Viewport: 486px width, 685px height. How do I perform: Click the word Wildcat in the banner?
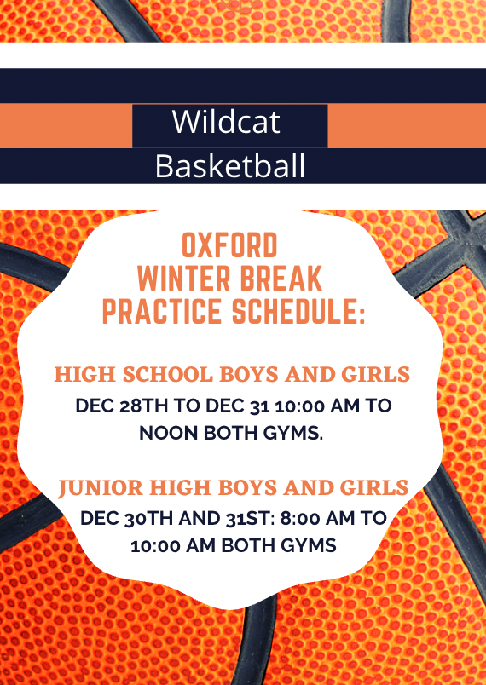point(226,122)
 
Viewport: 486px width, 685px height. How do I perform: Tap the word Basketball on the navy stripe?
point(230,166)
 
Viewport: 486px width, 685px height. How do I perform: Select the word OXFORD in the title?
point(229,245)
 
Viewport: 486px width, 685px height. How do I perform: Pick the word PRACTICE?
point(162,312)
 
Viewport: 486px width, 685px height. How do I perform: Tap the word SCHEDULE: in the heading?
point(298,312)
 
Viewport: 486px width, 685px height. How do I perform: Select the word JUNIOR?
point(101,487)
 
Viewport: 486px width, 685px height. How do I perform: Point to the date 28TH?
point(143,406)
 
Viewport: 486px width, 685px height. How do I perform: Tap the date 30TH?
point(148,519)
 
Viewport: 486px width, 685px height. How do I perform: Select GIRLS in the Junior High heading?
point(374,487)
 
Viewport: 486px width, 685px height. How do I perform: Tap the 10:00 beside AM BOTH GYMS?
point(155,545)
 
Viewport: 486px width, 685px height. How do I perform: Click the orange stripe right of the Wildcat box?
point(407,126)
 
